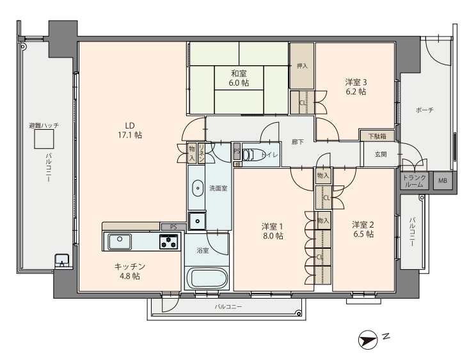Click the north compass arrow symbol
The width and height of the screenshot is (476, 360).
click(368, 340)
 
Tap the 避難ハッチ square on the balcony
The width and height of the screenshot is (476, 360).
click(44, 139)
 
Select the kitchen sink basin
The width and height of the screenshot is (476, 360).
click(120, 242)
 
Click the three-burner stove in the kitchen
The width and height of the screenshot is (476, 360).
click(169, 242)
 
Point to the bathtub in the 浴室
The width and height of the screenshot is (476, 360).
click(207, 278)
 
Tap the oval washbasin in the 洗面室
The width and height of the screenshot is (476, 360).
click(198, 188)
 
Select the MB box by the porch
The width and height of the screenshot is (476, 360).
click(443, 181)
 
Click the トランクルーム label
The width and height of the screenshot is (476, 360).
click(415, 181)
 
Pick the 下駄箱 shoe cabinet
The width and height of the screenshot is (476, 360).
click(377, 136)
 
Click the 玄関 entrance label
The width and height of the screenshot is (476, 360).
click(381, 154)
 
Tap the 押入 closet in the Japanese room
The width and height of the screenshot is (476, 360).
click(302, 65)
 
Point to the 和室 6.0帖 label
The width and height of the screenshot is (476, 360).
click(239, 78)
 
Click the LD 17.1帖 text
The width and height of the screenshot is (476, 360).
click(130, 130)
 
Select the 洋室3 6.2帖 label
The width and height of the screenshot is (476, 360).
click(356, 87)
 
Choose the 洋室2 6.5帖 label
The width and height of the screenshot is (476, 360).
click(363, 230)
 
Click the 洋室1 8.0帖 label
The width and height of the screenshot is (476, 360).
click(273, 231)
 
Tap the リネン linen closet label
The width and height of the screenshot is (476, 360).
click(202, 153)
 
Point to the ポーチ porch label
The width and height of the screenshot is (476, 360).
click(424, 110)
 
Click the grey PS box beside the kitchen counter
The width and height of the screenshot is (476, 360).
click(173, 227)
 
